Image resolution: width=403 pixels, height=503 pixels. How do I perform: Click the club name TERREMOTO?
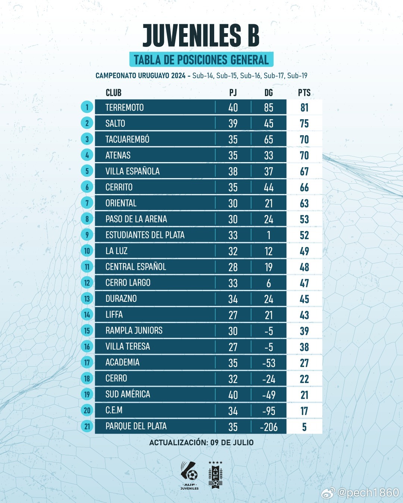124,108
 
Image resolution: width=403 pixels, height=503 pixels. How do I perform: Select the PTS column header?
304,93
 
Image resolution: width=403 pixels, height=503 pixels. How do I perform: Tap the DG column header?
268,93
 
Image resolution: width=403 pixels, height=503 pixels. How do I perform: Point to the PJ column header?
233,93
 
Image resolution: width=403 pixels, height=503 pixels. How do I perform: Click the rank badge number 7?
87,203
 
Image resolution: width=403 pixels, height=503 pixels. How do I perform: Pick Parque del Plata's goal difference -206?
269,427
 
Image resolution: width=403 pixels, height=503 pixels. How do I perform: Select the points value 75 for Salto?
304,124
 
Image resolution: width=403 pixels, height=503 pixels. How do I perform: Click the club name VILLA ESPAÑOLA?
132,171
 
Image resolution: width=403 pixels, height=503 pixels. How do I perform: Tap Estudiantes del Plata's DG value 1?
269,235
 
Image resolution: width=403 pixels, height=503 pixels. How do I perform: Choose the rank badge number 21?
87,426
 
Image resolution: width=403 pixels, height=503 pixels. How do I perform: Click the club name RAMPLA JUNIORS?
134,330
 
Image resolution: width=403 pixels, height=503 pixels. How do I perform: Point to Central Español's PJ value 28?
233,267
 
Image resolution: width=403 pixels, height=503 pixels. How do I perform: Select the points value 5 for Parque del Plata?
304,427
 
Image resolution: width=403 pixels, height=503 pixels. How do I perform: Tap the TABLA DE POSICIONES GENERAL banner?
201,60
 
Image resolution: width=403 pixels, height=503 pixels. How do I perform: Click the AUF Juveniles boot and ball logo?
190,474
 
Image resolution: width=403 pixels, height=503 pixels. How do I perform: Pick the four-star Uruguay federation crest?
215,474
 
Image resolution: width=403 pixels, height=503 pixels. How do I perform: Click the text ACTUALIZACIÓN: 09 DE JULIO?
201,443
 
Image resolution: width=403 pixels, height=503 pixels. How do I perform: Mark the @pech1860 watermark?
368,493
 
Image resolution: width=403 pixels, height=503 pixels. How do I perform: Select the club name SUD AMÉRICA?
128,394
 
